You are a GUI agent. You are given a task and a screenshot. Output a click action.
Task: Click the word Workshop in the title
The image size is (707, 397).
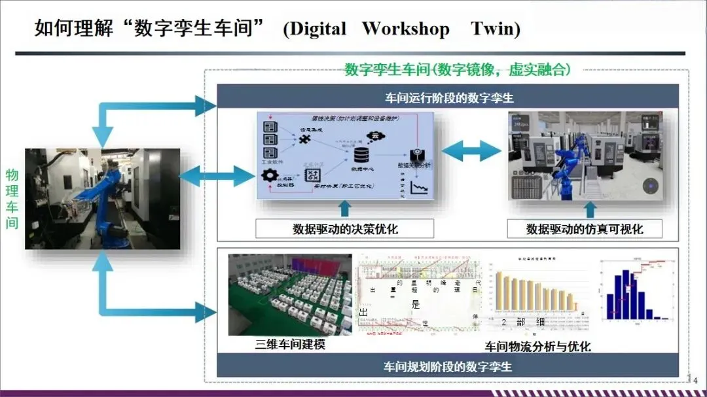(406, 29)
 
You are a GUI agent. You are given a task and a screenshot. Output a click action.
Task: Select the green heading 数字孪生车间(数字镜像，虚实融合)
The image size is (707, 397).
(458, 70)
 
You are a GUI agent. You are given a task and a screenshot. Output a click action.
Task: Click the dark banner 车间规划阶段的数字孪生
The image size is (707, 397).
(448, 366)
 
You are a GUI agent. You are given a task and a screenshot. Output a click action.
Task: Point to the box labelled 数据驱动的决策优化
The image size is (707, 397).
(345, 229)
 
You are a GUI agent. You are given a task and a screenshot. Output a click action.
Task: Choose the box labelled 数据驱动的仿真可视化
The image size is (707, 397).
(585, 229)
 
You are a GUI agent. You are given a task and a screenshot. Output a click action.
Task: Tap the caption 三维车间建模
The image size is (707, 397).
(290, 345)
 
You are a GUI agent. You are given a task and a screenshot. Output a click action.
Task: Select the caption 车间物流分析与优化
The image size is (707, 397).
(537, 346)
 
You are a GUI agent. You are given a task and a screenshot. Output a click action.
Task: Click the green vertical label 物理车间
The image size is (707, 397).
(12, 199)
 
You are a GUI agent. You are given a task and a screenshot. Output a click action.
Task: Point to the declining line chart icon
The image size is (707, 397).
(417, 190)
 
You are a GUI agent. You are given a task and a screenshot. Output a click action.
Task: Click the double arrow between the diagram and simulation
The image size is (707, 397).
(471, 150)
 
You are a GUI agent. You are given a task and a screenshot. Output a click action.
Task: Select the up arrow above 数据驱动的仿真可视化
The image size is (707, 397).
(590, 209)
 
